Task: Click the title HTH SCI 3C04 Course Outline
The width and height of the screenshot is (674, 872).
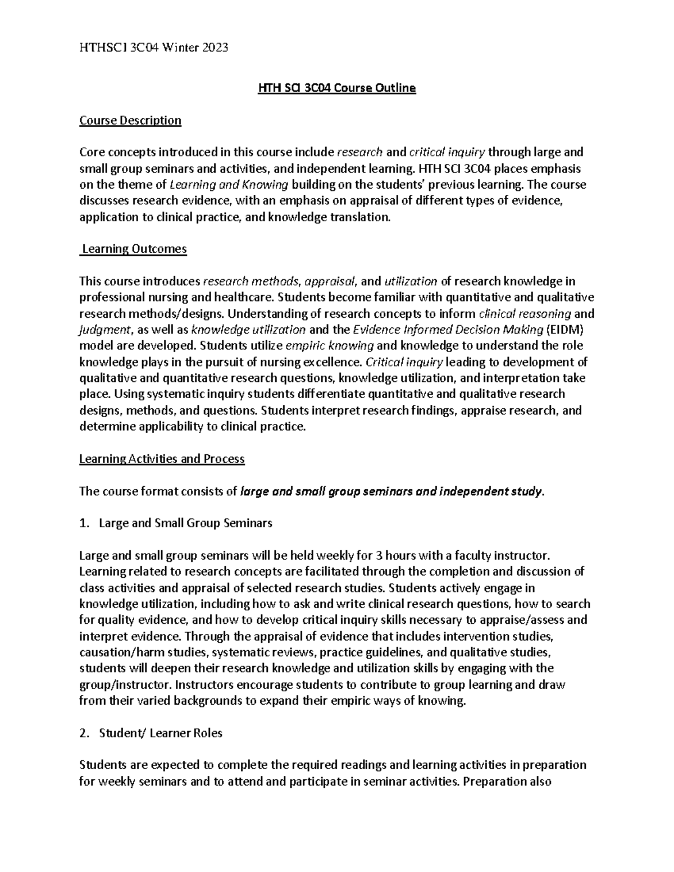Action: [336, 88]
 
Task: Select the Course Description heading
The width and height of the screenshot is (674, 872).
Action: [130, 120]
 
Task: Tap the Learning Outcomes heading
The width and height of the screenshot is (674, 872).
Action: [134, 249]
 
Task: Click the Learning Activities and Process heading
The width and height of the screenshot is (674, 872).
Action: [162, 459]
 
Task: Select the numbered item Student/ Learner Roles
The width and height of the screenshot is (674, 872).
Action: [161, 733]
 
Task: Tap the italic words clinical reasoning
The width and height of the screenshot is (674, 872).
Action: [525, 313]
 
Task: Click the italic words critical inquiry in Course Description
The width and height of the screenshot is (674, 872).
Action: [448, 152]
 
